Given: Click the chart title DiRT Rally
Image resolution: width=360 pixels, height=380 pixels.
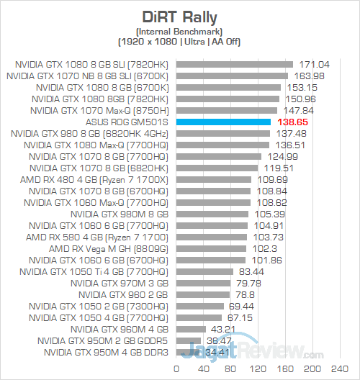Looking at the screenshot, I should click(180, 16).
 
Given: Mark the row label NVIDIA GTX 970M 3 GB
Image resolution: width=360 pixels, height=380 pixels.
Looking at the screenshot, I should click(120, 283).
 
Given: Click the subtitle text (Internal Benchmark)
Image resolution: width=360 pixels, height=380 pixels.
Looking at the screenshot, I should click(180, 32).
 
